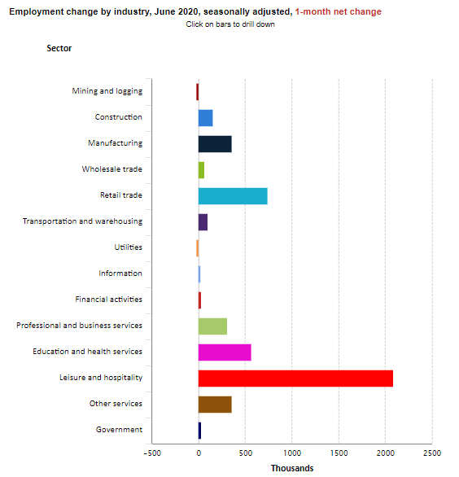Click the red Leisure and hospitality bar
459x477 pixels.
(295, 379)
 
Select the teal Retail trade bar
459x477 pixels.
(233, 196)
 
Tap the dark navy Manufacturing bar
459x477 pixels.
(215, 144)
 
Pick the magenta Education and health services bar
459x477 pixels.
(225, 352)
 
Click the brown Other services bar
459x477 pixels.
(215, 405)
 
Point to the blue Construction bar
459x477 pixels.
(206, 118)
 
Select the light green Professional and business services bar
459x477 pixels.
(212, 326)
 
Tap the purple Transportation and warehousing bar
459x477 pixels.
(203, 222)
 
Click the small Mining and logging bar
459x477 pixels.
(198, 92)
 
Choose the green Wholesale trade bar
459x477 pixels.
(201, 170)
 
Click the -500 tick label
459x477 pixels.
(152, 453)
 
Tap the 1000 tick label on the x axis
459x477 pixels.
(292, 453)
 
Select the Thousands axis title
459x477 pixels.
(292, 468)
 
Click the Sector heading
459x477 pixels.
(59, 48)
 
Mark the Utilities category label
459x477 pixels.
(128, 247)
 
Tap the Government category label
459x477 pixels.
(119, 430)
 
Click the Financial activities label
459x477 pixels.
(108, 300)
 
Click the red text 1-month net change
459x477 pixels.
(338, 12)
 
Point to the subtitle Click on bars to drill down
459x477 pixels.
(230, 24)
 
